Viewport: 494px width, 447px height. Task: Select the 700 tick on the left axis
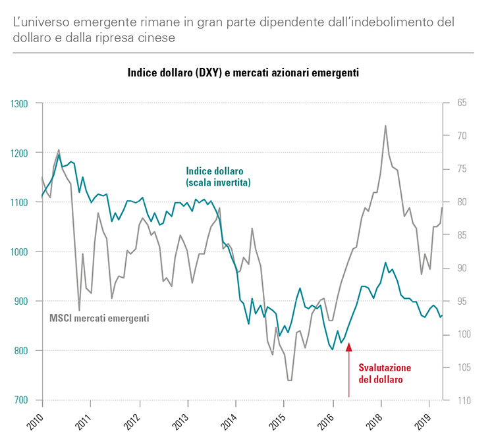tap(22, 400)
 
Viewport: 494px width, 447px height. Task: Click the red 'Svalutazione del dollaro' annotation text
tap(384, 373)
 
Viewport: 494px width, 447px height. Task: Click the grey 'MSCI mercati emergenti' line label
tap(99, 318)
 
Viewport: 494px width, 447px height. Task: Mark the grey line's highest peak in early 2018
tap(385, 126)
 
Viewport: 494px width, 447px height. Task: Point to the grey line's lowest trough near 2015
tap(289, 380)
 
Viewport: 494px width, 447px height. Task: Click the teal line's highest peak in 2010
tap(59, 155)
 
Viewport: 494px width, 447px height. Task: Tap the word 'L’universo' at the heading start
tap(40, 22)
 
